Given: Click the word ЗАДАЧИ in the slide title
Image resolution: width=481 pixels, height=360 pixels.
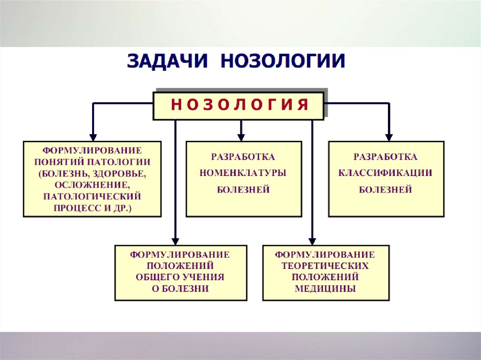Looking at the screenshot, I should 168,62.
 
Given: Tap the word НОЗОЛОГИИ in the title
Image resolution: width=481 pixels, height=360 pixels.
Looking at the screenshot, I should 283,62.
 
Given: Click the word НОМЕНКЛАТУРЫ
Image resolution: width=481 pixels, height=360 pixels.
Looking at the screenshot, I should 243,173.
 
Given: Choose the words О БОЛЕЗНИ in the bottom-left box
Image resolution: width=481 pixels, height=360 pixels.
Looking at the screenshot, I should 180,289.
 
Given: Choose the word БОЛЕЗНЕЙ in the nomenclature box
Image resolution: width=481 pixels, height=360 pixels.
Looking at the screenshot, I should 243,190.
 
